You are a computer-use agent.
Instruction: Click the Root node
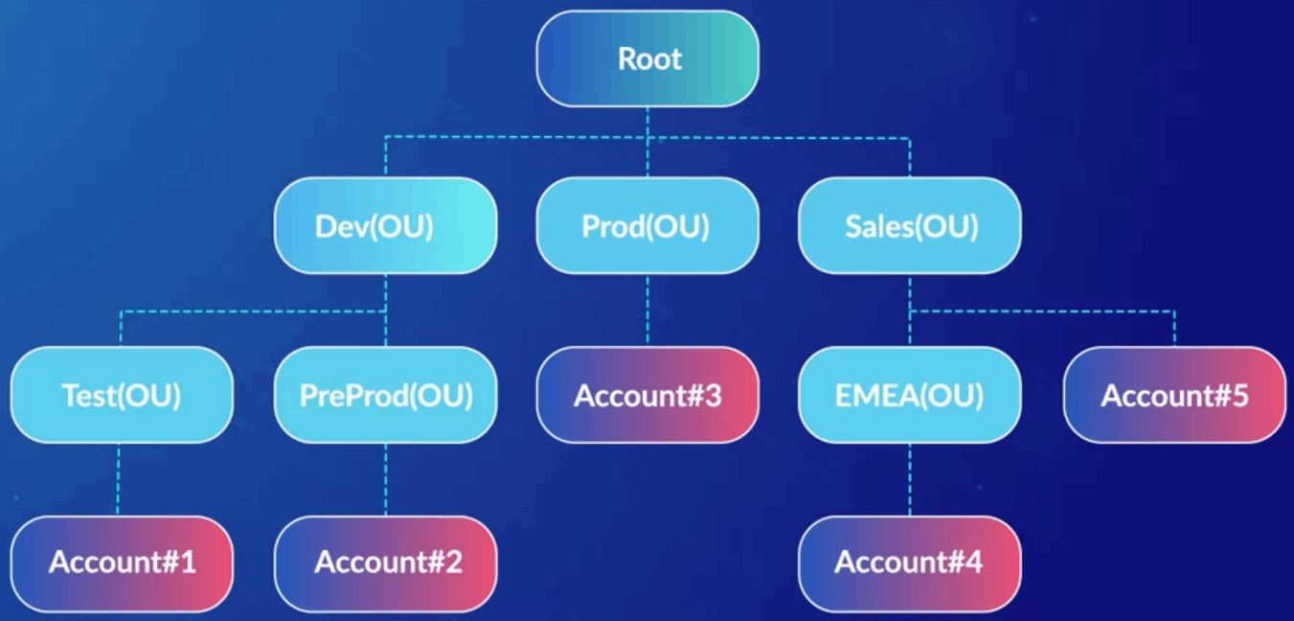pos(647,58)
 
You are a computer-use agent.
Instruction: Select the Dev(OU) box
pos(385,227)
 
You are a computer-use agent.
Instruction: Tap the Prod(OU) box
pos(647,227)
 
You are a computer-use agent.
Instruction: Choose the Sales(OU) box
pos(910,227)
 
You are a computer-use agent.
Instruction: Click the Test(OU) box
pos(122,396)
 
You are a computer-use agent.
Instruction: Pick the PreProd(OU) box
pos(385,396)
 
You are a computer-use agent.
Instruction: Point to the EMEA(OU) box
pos(910,396)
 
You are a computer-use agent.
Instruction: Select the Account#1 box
pos(122,563)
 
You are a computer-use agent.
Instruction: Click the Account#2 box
pos(385,563)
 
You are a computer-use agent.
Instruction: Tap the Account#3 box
pos(647,396)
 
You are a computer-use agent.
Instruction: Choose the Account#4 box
pos(910,563)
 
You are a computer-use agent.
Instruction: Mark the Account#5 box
pos(1174,396)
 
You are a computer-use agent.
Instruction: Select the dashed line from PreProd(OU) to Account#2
pos(385,479)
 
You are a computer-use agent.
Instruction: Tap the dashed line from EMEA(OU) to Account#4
pos(910,479)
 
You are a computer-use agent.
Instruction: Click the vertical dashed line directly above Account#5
pos(1174,329)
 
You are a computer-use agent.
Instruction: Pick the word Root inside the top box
pos(649,58)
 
